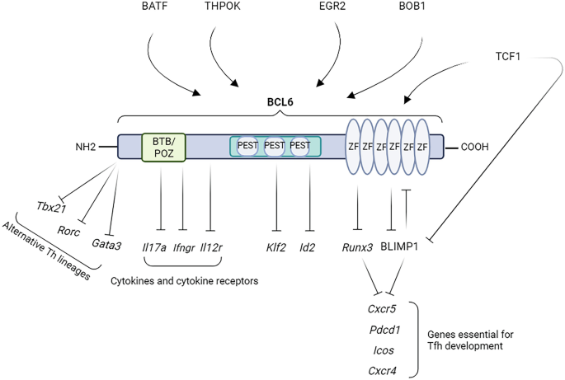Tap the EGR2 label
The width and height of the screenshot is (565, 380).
[341, 8]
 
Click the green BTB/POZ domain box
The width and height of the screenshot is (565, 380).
[163, 147]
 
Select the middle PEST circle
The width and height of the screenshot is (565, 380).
[275, 146]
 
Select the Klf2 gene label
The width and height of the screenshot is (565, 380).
[275, 246]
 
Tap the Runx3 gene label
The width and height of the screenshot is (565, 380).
[357, 246]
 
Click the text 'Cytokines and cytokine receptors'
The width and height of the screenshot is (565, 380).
[184, 281]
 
